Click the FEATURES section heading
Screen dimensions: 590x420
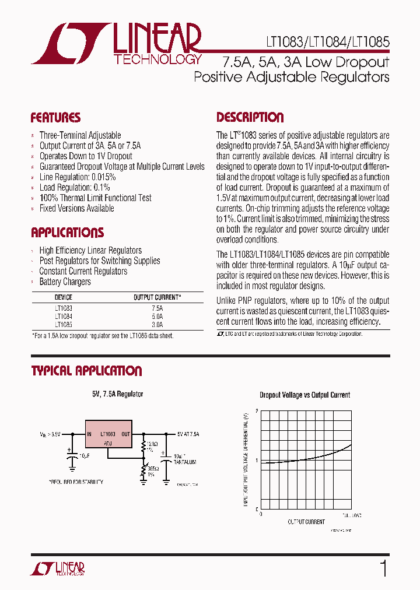(x=55, y=118)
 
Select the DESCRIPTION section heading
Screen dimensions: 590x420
(x=250, y=117)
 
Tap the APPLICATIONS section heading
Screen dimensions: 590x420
(x=67, y=233)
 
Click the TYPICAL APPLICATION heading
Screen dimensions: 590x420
(x=86, y=371)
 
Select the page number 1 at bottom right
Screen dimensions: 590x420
(x=383, y=568)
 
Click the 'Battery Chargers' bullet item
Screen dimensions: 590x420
(x=65, y=282)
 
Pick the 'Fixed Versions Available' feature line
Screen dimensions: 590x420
(x=76, y=209)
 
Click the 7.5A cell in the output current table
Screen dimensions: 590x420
(x=157, y=307)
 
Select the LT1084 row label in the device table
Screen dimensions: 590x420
(x=64, y=316)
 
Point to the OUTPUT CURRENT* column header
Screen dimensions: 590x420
(x=157, y=297)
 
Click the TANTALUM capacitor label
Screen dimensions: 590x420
(x=184, y=462)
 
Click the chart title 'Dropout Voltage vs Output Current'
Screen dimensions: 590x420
(x=304, y=395)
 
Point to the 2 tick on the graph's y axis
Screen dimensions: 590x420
(x=257, y=412)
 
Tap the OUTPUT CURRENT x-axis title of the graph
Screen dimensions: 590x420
(x=306, y=522)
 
